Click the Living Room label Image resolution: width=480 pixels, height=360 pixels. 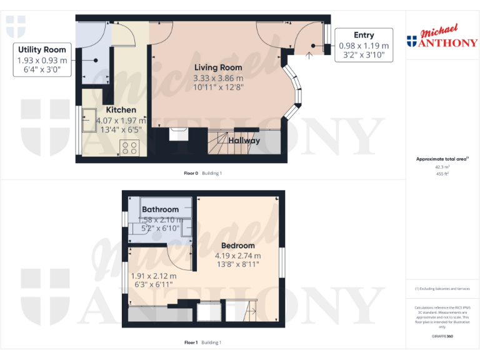click(217, 67)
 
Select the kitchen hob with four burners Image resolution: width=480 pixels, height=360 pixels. click(130, 148)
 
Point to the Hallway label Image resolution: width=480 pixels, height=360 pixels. click(244, 141)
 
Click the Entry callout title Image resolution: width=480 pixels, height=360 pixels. click(364, 35)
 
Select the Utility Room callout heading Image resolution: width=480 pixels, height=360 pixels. click(42, 50)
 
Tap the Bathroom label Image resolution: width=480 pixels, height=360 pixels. click(160, 209)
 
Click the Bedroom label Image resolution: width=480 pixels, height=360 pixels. click(237, 246)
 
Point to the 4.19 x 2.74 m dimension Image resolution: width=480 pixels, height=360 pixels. click(237, 256)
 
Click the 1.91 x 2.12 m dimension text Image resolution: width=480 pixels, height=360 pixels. click(153, 276)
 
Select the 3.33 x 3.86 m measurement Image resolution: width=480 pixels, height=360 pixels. click(217, 78)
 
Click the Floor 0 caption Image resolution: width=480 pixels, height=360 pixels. click(191, 173)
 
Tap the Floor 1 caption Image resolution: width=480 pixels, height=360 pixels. click(191, 342)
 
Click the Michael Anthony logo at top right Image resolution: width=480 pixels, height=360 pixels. click(442, 38)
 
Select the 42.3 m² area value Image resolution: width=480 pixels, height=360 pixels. click(442, 167)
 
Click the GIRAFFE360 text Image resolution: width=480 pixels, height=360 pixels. click(442, 336)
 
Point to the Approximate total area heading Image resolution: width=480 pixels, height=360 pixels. click(441, 159)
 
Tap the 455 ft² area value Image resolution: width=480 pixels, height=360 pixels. click(442, 174)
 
